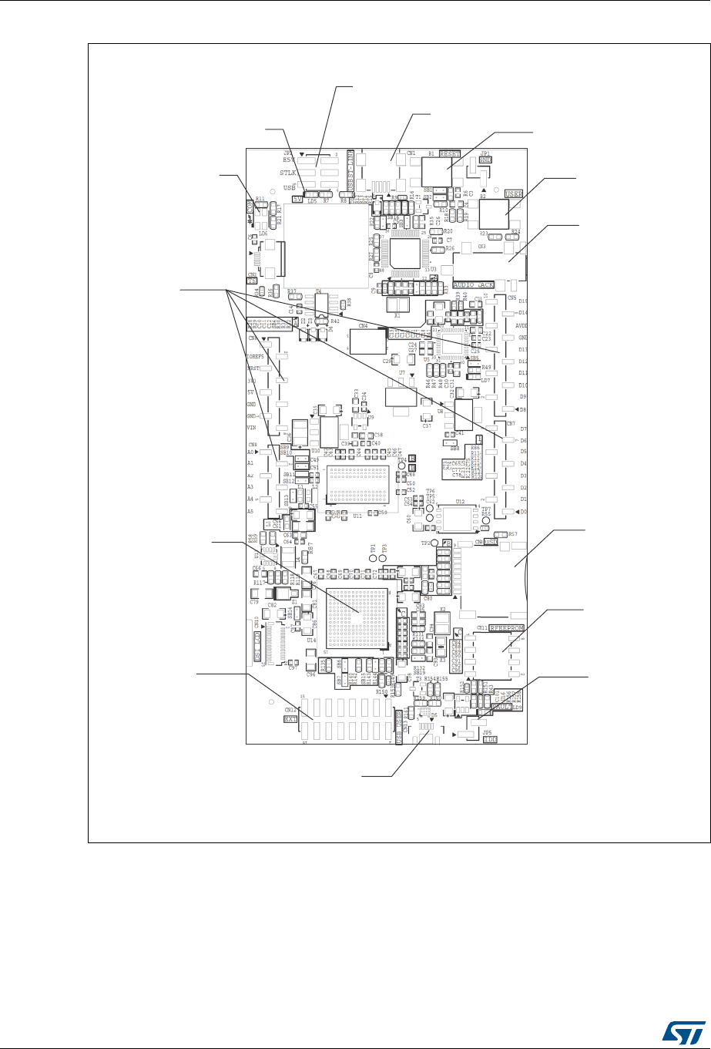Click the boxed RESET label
(x=450, y=154)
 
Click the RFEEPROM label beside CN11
(x=507, y=628)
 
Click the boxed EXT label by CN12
(x=290, y=719)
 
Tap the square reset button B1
(x=438, y=171)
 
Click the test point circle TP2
(x=434, y=543)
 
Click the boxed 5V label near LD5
(x=297, y=200)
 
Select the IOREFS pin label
(x=255, y=356)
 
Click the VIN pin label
(x=250, y=427)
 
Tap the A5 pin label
(x=250, y=511)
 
